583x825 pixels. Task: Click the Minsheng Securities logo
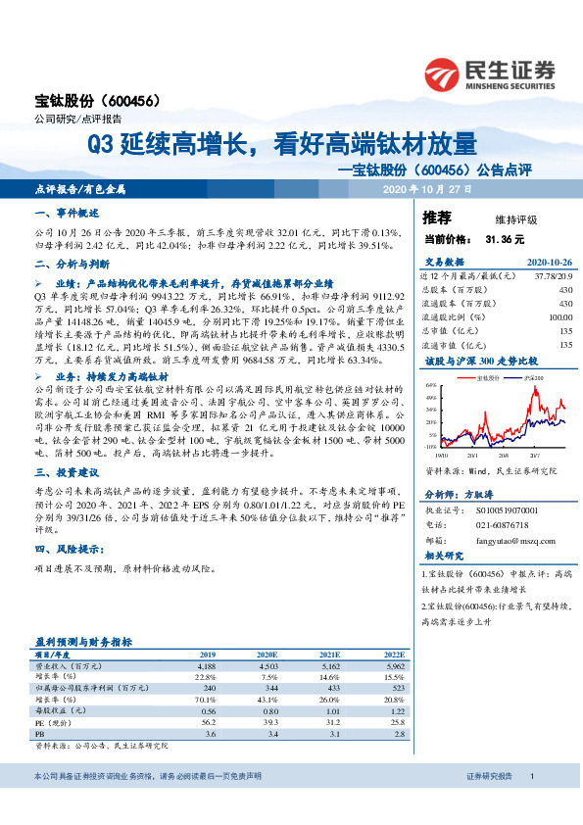coord(489,71)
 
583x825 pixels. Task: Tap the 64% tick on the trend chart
coord(431,387)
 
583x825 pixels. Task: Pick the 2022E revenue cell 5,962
coord(387,665)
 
